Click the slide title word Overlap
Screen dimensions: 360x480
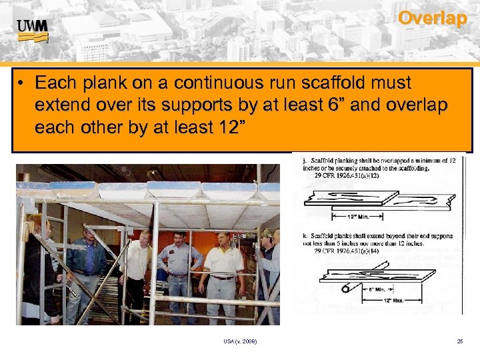432,18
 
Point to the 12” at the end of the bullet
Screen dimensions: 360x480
225,127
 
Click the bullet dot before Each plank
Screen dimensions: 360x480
22,84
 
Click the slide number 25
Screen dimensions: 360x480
460,341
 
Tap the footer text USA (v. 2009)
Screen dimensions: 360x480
240,341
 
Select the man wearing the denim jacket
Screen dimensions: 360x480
87,263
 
